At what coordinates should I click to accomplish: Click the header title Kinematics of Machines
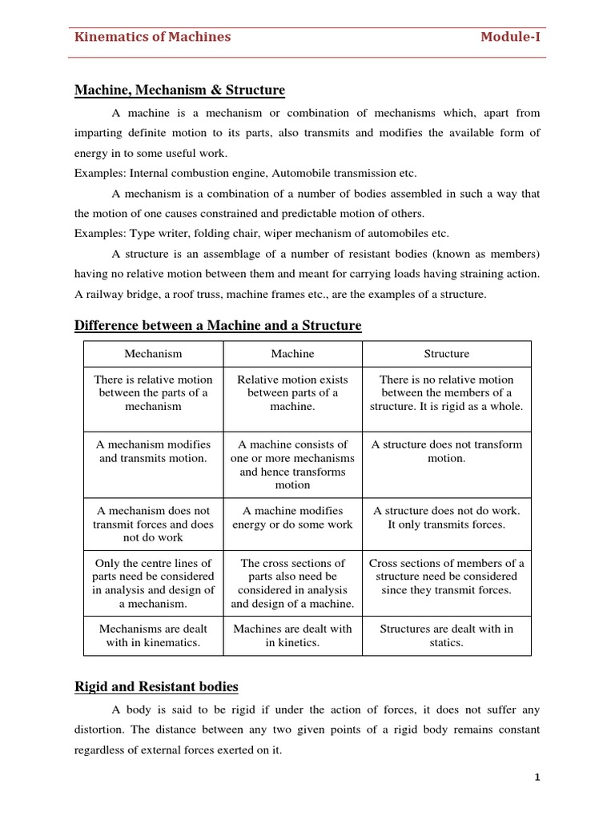point(152,37)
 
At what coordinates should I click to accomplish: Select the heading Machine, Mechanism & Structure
point(179,90)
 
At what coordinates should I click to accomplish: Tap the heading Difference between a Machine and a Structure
point(218,325)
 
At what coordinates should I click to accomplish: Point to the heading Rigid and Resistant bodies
point(156,686)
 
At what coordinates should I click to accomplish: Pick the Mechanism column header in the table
point(153,353)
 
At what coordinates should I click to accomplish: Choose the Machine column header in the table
point(292,353)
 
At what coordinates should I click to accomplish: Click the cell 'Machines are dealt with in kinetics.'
point(292,636)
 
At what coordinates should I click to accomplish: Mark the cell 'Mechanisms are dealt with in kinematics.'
point(153,636)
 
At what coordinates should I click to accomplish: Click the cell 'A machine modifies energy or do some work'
point(292,517)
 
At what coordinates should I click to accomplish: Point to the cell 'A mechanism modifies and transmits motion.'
point(153,451)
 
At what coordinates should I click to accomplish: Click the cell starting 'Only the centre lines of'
point(153,583)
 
